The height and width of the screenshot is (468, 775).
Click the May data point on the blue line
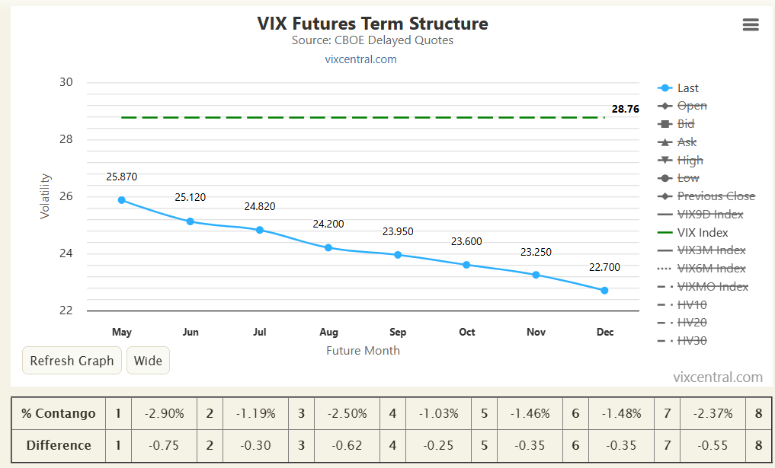122,200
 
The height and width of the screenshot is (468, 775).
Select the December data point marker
604,290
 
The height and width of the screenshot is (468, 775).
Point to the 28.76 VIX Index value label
625,109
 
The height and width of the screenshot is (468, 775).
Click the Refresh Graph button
72,361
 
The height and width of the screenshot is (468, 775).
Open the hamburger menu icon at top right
751,25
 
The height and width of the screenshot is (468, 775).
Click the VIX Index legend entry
702,233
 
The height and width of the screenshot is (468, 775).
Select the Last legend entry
687,88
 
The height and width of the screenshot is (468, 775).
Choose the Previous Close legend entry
716,196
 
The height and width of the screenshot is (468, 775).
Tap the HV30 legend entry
691,341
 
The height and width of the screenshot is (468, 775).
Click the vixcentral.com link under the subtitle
360,59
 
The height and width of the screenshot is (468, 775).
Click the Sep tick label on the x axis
398,332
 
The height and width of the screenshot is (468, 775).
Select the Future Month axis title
363,350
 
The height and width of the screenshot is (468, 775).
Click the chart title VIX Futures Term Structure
373,24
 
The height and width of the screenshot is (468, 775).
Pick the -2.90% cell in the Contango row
164,413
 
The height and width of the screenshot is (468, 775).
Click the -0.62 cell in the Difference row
347,445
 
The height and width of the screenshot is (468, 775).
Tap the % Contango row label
58,413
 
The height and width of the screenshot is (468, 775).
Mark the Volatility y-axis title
45,196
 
